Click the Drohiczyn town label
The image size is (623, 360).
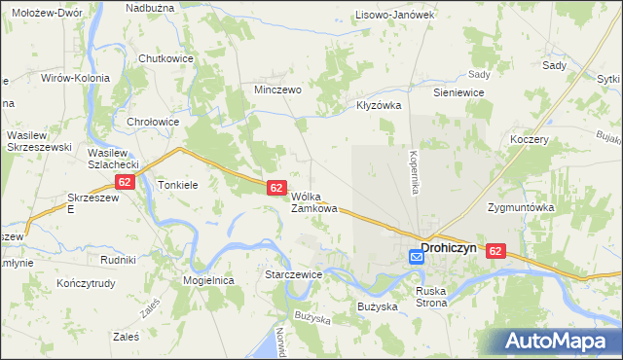coord(449,248)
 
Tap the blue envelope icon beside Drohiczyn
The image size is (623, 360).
coord(416,257)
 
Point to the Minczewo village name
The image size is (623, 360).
coord(277,89)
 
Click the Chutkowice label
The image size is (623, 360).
coord(165,57)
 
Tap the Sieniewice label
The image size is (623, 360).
coord(458,92)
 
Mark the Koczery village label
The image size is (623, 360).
coord(530,139)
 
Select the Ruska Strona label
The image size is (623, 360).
coord(431,296)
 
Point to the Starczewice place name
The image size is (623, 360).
coord(294,275)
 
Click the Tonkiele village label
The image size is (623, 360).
coord(178,184)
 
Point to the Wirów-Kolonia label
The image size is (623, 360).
coord(75,77)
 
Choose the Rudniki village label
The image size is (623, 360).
coord(117,260)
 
